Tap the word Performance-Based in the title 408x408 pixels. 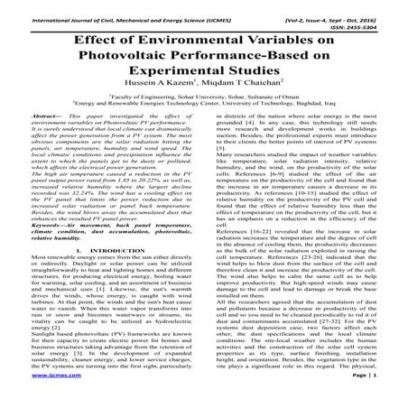point(262,55)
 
